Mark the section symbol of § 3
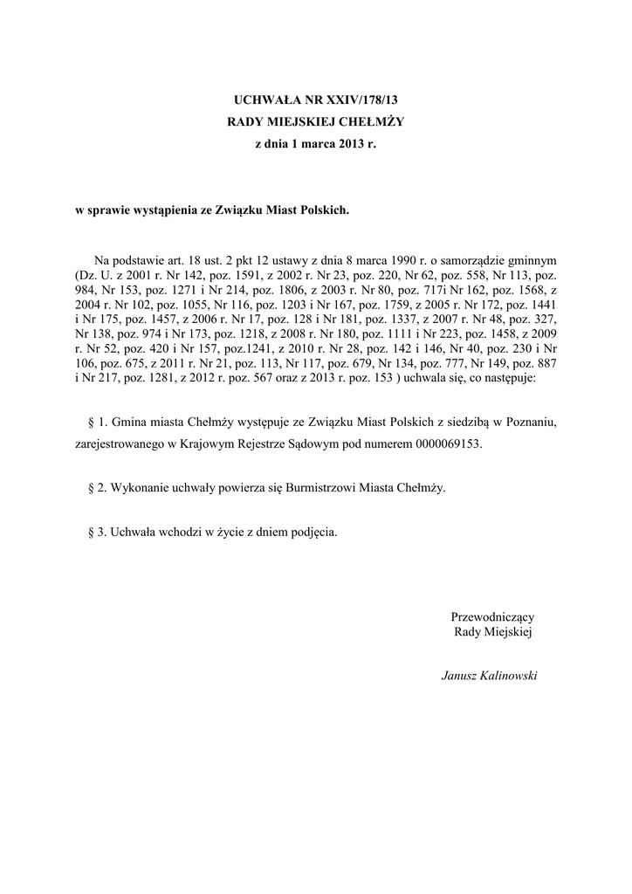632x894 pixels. tap(93, 532)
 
